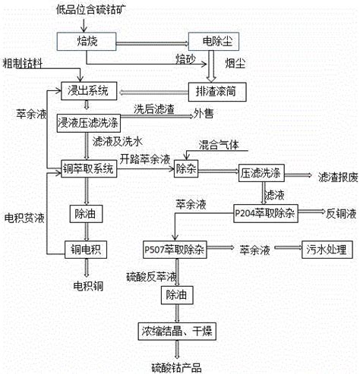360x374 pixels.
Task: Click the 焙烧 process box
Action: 87,41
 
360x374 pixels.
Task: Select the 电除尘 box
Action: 213,41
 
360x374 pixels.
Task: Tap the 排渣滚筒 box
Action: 217,92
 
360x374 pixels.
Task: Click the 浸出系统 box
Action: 89,91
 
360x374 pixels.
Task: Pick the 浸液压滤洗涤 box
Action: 89,123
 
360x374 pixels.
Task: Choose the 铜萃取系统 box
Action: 89,168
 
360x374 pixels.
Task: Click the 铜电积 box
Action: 86,250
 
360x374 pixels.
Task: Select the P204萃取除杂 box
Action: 266,213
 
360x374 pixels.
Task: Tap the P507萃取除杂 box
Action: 175,250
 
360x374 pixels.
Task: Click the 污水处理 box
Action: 327,250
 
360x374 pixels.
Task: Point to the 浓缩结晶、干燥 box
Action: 177,332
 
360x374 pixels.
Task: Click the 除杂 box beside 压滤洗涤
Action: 186,168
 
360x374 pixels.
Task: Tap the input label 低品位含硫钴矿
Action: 91,10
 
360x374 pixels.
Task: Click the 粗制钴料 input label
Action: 22,63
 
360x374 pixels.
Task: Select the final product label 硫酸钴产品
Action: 176,368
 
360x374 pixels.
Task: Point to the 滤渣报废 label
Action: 338,178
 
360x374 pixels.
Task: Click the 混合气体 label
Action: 219,145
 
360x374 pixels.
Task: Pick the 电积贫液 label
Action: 24,218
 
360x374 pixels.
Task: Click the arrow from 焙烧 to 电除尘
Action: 153,43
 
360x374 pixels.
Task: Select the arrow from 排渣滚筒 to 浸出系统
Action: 153,93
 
